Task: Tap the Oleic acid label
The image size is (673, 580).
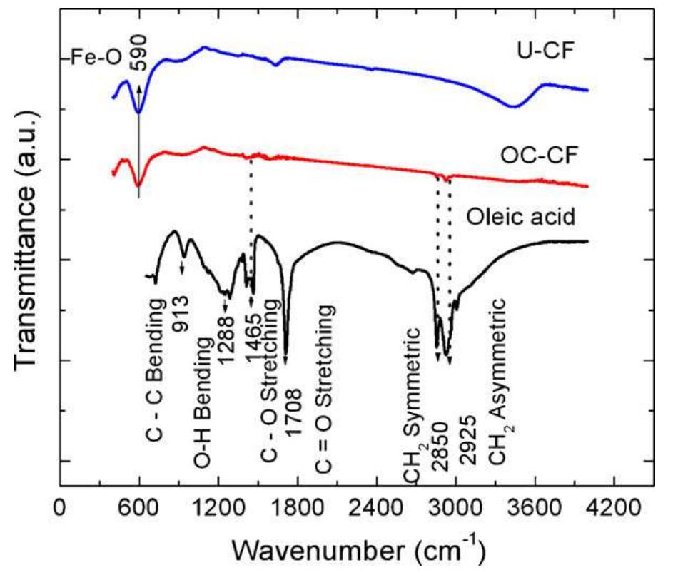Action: click(x=520, y=215)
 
